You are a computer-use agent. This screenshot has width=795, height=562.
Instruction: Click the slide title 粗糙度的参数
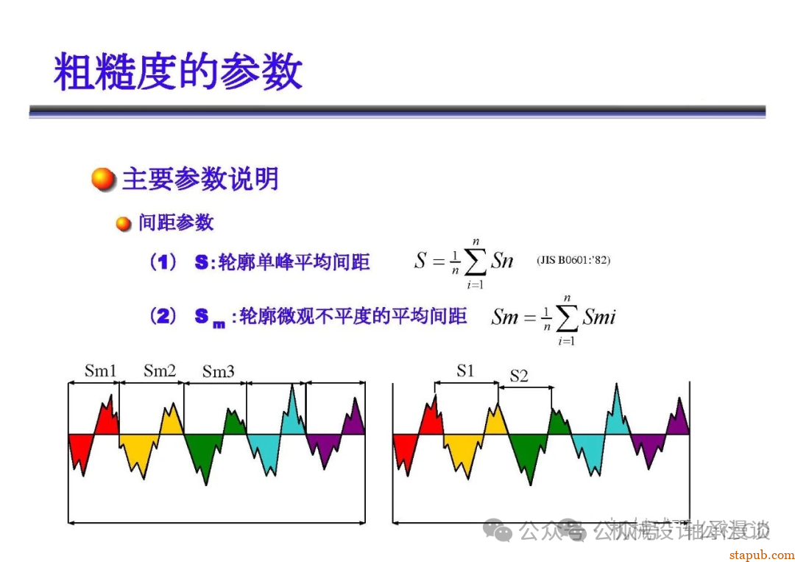pyautogui.click(x=177, y=71)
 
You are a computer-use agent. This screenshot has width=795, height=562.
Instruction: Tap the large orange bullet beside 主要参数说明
pyautogui.click(x=104, y=179)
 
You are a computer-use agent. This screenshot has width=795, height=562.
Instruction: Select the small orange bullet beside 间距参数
pyautogui.click(x=124, y=223)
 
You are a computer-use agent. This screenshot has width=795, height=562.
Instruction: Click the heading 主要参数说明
pyautogui.click(x=200, y=179)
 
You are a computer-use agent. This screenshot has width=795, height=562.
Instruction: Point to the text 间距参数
pyautogui.click(x=176, y=222)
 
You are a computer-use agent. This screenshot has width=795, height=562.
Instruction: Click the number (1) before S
pyautogui.click(x=163, y=262)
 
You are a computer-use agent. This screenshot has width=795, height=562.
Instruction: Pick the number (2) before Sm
pyautogui.click(x=163, y=317)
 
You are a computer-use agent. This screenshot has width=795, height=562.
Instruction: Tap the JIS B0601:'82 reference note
pyautogui.click(x=573, y=260)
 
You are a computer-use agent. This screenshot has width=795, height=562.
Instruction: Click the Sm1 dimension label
pyautogui.click(x=101, y=370)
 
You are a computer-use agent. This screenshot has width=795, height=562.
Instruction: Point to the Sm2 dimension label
pyautogui.click(x=160, y=370)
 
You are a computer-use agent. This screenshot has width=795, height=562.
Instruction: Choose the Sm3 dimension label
pyautogui.click(x=219, y=372)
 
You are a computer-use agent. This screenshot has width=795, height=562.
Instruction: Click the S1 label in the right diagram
pyautogui.click(x=465, y=370)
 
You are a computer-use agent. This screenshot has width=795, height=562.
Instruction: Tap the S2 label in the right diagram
pyautogui.click(x=519, y=376)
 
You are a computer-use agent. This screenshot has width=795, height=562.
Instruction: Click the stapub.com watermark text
pyautogui.click(x=761, y=554)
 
